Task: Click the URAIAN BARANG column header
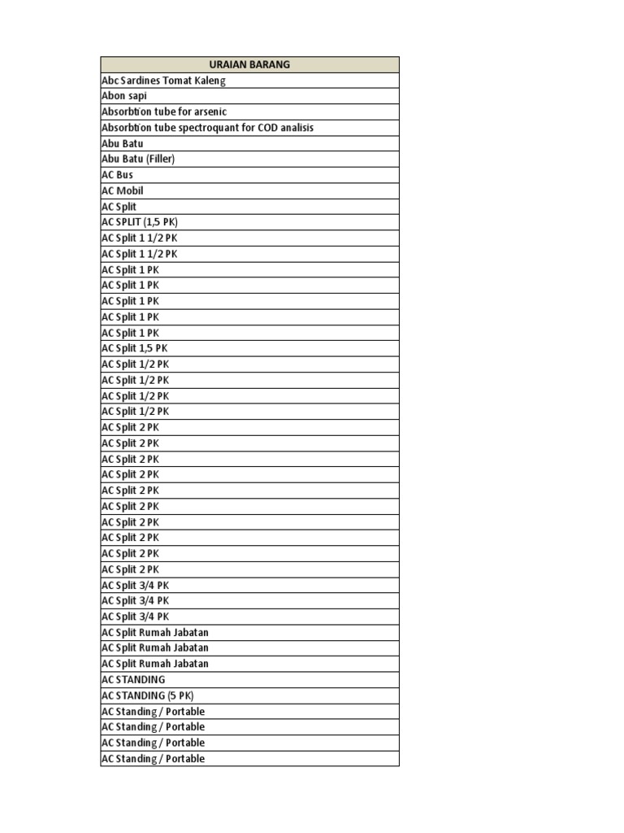coord(249,64)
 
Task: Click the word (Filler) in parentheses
coord(160,159)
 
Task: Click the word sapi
coord(136,96)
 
